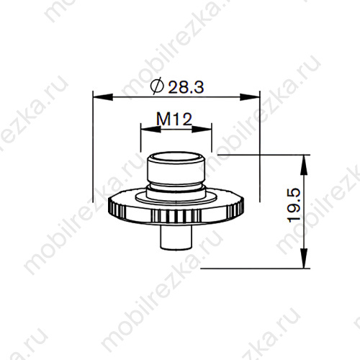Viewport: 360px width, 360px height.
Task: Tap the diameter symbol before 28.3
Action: pos(158,87)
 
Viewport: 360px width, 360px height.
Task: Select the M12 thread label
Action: pos(173,120)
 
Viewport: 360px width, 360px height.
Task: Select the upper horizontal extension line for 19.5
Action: pos(259,154)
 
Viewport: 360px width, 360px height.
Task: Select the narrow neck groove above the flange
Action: pos(176,189)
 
